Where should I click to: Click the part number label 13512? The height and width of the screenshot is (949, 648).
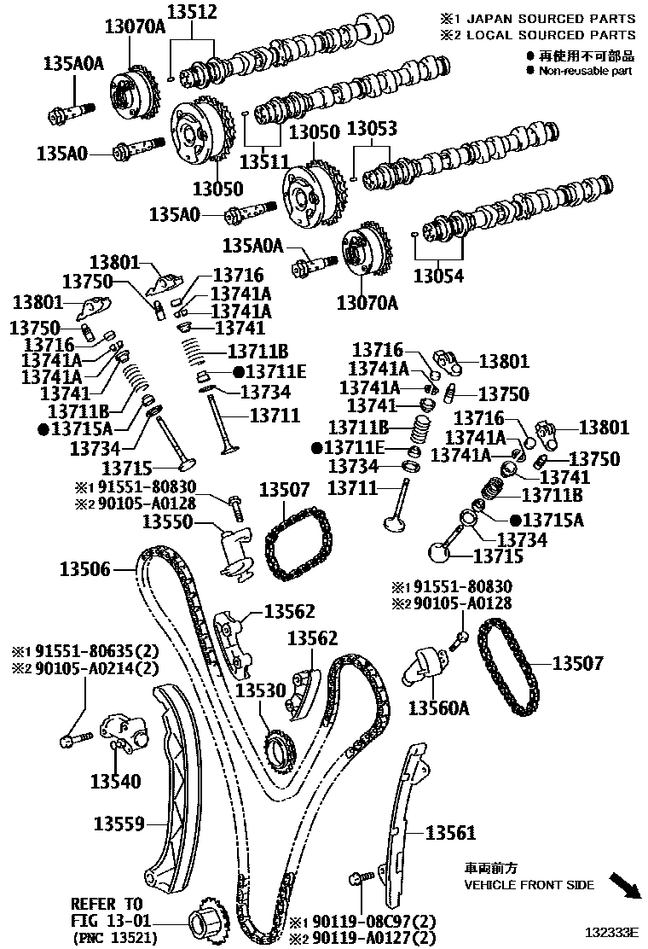[192, 12]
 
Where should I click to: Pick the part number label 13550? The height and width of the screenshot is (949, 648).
[167, 521]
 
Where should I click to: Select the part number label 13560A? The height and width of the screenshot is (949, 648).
[439, 707]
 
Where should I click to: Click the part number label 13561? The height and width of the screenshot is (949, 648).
[450, 832]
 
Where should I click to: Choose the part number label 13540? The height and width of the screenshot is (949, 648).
[116, 781]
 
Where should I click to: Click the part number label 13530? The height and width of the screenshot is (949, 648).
[261, 689]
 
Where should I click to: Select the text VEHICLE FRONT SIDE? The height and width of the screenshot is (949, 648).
[529, 885]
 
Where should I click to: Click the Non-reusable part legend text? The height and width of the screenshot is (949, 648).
[585, 71]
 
